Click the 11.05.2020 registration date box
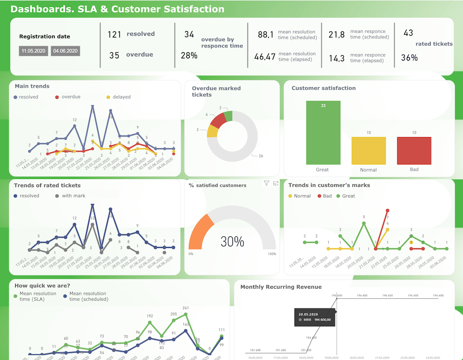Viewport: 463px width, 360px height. tap(33, 51)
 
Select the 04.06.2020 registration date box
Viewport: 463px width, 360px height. tap(66, 51)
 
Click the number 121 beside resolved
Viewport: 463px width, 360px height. tap(114, 34)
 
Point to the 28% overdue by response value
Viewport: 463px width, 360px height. tap(189, 56)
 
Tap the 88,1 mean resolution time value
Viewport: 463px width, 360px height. tap(266, 34)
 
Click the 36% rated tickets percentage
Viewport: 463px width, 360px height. tap(409, 58)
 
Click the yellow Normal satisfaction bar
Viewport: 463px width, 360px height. tap(369, 151)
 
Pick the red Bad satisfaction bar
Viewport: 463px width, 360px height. tap(414, 151)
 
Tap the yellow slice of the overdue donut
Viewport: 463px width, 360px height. tap(212, 131)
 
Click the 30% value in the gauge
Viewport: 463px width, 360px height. tap(232, 242)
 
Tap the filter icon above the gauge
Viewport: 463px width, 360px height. tap(266, 183)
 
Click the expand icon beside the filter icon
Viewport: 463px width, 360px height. tap(276, 183)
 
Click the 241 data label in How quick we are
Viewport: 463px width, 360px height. tap(185, 308)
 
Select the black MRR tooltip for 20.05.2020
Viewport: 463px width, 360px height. tap(315, 317)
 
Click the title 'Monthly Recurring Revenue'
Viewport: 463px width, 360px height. tap(281, 287)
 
